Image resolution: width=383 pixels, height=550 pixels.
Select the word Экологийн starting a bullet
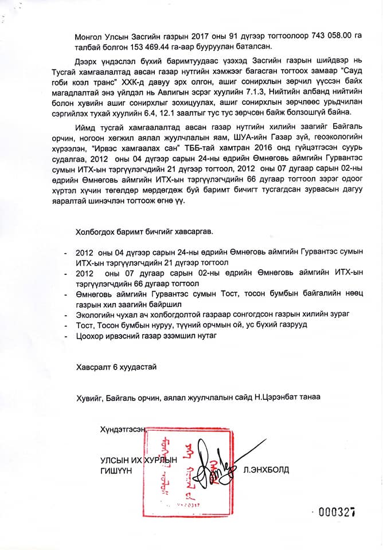(x=95, y=315)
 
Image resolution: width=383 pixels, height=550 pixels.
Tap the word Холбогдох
(x=95, y=231)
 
